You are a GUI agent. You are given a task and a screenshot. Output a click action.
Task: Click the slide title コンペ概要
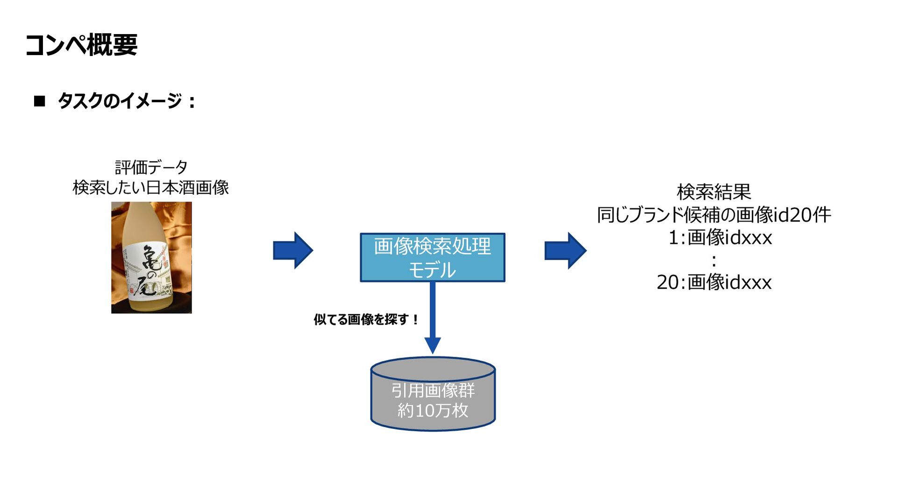coord(81,45)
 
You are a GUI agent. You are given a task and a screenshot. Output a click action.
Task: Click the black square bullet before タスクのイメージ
coord(40,101)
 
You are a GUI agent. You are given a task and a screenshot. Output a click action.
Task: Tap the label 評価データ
coord(151,167)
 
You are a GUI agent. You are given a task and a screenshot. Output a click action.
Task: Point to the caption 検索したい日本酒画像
coord(151,188)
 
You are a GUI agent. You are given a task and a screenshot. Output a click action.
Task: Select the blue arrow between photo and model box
coord(292,250)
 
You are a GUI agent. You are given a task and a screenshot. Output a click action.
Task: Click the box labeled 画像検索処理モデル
coord(432,257)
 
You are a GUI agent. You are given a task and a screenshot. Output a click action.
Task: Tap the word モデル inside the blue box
coord(432,270)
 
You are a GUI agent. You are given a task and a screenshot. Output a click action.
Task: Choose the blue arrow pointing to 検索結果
coord(565,250)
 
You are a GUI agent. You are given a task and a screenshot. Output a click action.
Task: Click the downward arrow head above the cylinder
coord(433,345)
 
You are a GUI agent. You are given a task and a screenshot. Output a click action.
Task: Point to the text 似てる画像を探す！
coord(366,319)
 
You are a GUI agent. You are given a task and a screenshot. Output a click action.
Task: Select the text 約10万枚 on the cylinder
coord(433,411)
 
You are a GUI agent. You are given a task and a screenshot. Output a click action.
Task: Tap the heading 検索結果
coord(714,192)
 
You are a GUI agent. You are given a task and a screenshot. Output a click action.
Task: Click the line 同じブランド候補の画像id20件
coord(714,215)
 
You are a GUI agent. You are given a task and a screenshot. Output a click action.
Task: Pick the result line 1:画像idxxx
coord(720,238)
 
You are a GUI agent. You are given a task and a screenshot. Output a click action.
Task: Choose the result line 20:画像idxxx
coord(714,282)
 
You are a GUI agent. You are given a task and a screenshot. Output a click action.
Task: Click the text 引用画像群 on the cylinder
coord(433,390)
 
